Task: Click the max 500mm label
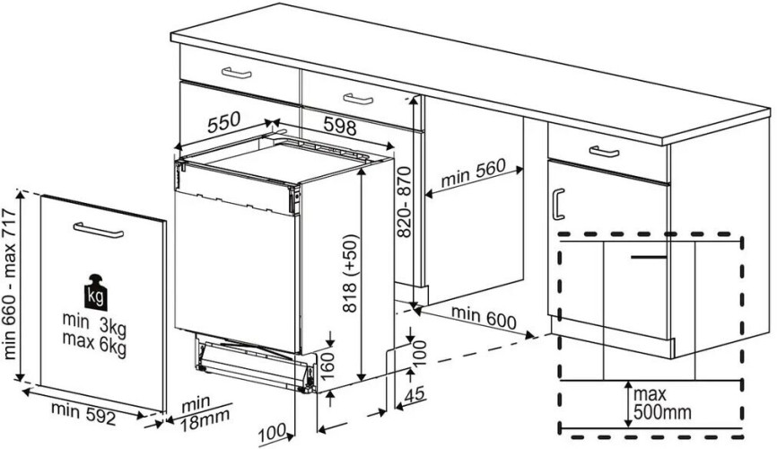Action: (x=663, y=403)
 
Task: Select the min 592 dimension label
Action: (x=83, y=410)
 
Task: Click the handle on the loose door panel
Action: (x=97, y=232)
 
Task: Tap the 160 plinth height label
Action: (x=328, y=365)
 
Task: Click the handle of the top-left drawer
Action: (x=238, y=73)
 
